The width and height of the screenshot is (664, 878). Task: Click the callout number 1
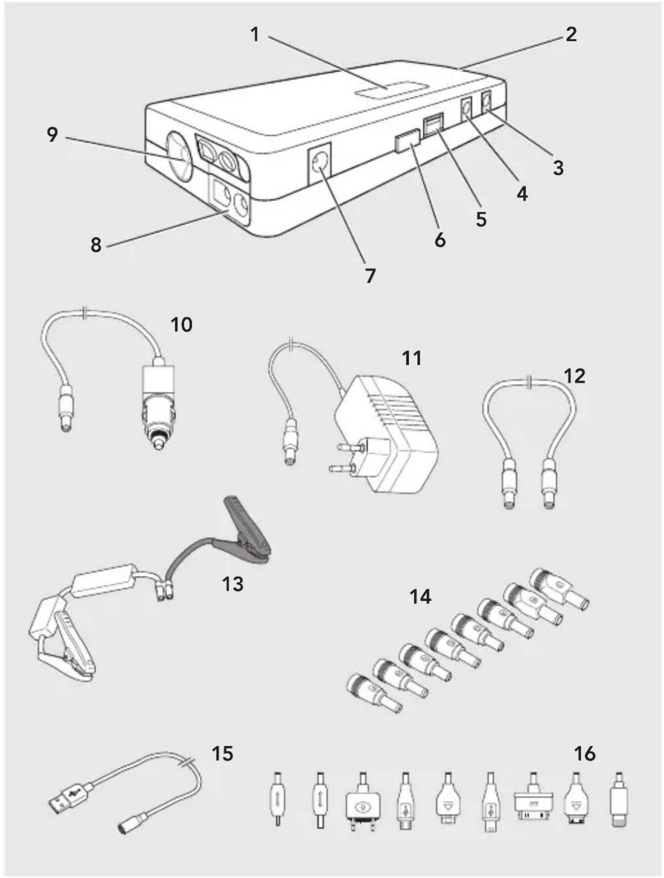(254, 34)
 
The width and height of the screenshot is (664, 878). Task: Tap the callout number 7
(370, 276)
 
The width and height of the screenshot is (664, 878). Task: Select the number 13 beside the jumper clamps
(232, 584)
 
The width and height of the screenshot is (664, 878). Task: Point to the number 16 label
(585, 753)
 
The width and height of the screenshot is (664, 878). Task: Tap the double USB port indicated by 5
(433, 125)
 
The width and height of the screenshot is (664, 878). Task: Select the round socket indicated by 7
(319, 165)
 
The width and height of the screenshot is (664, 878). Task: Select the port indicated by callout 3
(486, 103)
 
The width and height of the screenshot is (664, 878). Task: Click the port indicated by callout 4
(465, 109)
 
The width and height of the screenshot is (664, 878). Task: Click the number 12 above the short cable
(574, 376)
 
